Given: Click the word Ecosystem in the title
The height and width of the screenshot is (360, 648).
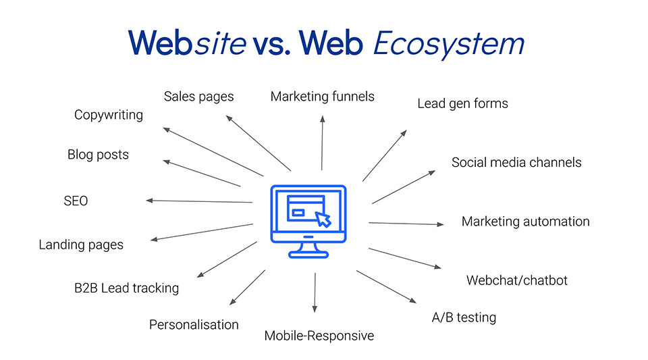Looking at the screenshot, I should [448, 44].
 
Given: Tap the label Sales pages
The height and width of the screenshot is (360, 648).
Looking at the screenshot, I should [198, 97].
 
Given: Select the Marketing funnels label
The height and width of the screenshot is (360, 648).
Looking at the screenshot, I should [322, 97].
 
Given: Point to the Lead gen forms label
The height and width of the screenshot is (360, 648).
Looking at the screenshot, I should [462, 103].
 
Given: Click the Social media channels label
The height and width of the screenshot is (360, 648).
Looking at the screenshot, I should [516, 162].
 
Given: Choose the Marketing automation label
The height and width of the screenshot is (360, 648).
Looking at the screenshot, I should [525, 222].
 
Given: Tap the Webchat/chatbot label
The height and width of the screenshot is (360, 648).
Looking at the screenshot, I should [517, 280].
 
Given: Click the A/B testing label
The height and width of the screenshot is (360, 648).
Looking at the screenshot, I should [464, 317].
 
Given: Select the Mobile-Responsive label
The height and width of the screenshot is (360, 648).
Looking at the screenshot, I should [319, 336].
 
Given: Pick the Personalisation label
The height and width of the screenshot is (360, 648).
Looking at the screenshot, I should [194, 325].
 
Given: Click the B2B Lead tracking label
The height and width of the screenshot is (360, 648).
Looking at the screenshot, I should [126, 288].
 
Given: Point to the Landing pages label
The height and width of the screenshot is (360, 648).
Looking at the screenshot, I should [81, 245].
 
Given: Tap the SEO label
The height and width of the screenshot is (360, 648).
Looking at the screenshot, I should [76, 201].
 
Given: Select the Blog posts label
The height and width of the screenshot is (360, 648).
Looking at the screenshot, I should [98, 155].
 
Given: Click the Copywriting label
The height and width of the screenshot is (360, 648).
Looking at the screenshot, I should [109, 115].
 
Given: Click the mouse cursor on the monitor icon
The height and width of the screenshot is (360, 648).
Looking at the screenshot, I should [323, 219].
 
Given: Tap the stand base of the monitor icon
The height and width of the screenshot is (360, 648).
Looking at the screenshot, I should [308, 254].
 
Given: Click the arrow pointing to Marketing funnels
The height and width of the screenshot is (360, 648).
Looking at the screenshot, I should [322, 142].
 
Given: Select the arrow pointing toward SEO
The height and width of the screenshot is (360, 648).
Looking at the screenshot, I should [199, 201].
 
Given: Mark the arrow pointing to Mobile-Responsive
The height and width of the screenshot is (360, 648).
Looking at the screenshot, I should [315, 292].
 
